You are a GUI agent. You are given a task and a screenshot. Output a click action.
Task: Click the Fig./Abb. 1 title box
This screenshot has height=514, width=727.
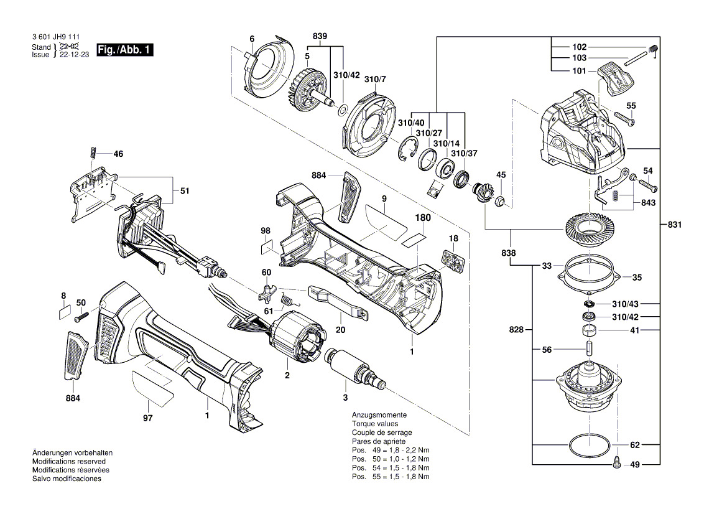(124, 50)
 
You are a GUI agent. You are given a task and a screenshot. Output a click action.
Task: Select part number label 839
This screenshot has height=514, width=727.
(320, 37)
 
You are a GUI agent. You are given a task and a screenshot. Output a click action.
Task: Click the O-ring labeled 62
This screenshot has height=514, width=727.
(589, 446)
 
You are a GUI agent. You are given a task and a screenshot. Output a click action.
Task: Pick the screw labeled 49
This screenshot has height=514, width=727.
(616, 463)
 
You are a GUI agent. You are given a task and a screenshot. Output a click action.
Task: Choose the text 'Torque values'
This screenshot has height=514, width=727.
(373, 423)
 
